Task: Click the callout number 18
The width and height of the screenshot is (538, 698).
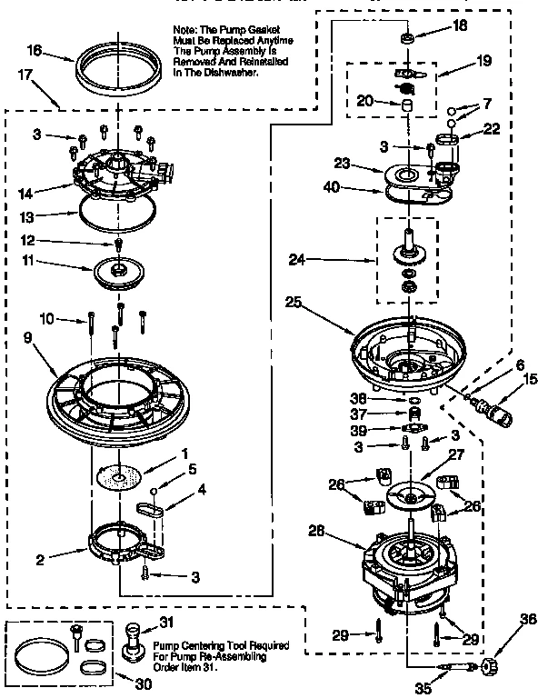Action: pos(461,25)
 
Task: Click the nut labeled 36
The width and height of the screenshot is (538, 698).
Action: pos(492,668)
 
